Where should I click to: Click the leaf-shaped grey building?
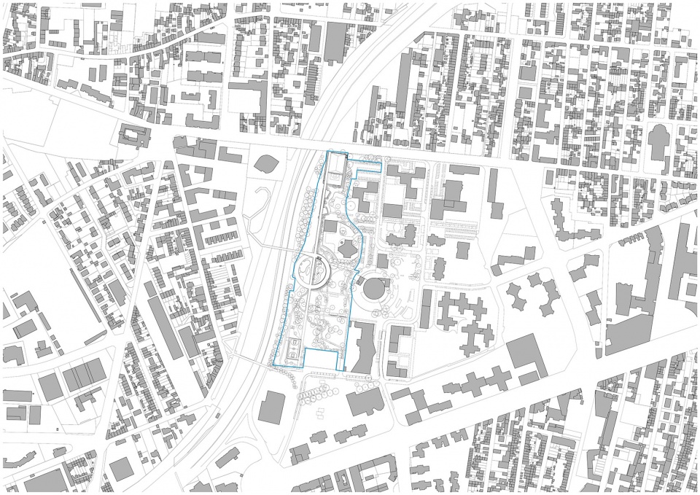[x=267, y=163]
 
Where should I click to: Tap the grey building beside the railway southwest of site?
[x=271, y=406]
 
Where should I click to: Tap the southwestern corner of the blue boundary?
[x=273, y=365]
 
